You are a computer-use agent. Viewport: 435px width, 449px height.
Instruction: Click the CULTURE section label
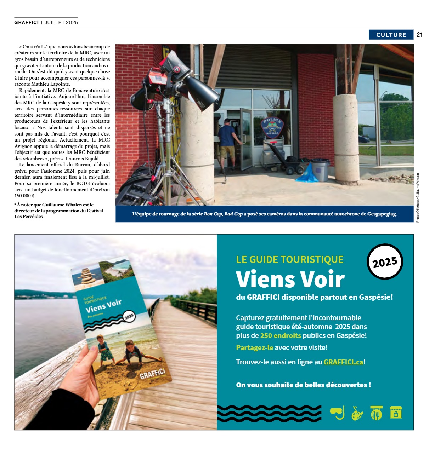point(391,35)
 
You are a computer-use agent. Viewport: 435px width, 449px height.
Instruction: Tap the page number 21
point(420,35)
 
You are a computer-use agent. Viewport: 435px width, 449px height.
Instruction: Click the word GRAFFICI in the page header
point(27,22)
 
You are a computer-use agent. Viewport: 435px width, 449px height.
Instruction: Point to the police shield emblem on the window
point(272,127)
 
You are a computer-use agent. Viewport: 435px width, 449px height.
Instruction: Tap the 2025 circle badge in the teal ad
point(385,262)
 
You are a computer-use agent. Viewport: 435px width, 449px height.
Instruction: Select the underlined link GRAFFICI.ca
point(343,362)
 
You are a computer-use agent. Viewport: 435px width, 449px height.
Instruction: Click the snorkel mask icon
point(337,413)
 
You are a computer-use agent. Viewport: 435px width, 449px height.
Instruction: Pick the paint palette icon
point(357,413)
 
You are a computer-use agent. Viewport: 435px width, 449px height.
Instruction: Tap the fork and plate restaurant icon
point(376,413)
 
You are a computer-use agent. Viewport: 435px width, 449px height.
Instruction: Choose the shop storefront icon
point(396,412)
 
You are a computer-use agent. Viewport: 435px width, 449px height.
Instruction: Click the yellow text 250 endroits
point(281,335)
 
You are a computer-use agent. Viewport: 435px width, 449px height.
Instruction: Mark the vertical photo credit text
point(418,198)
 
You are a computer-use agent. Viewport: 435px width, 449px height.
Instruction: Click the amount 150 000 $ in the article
point(25,196)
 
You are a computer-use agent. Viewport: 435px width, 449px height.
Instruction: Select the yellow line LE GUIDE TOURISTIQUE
point(289,259)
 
